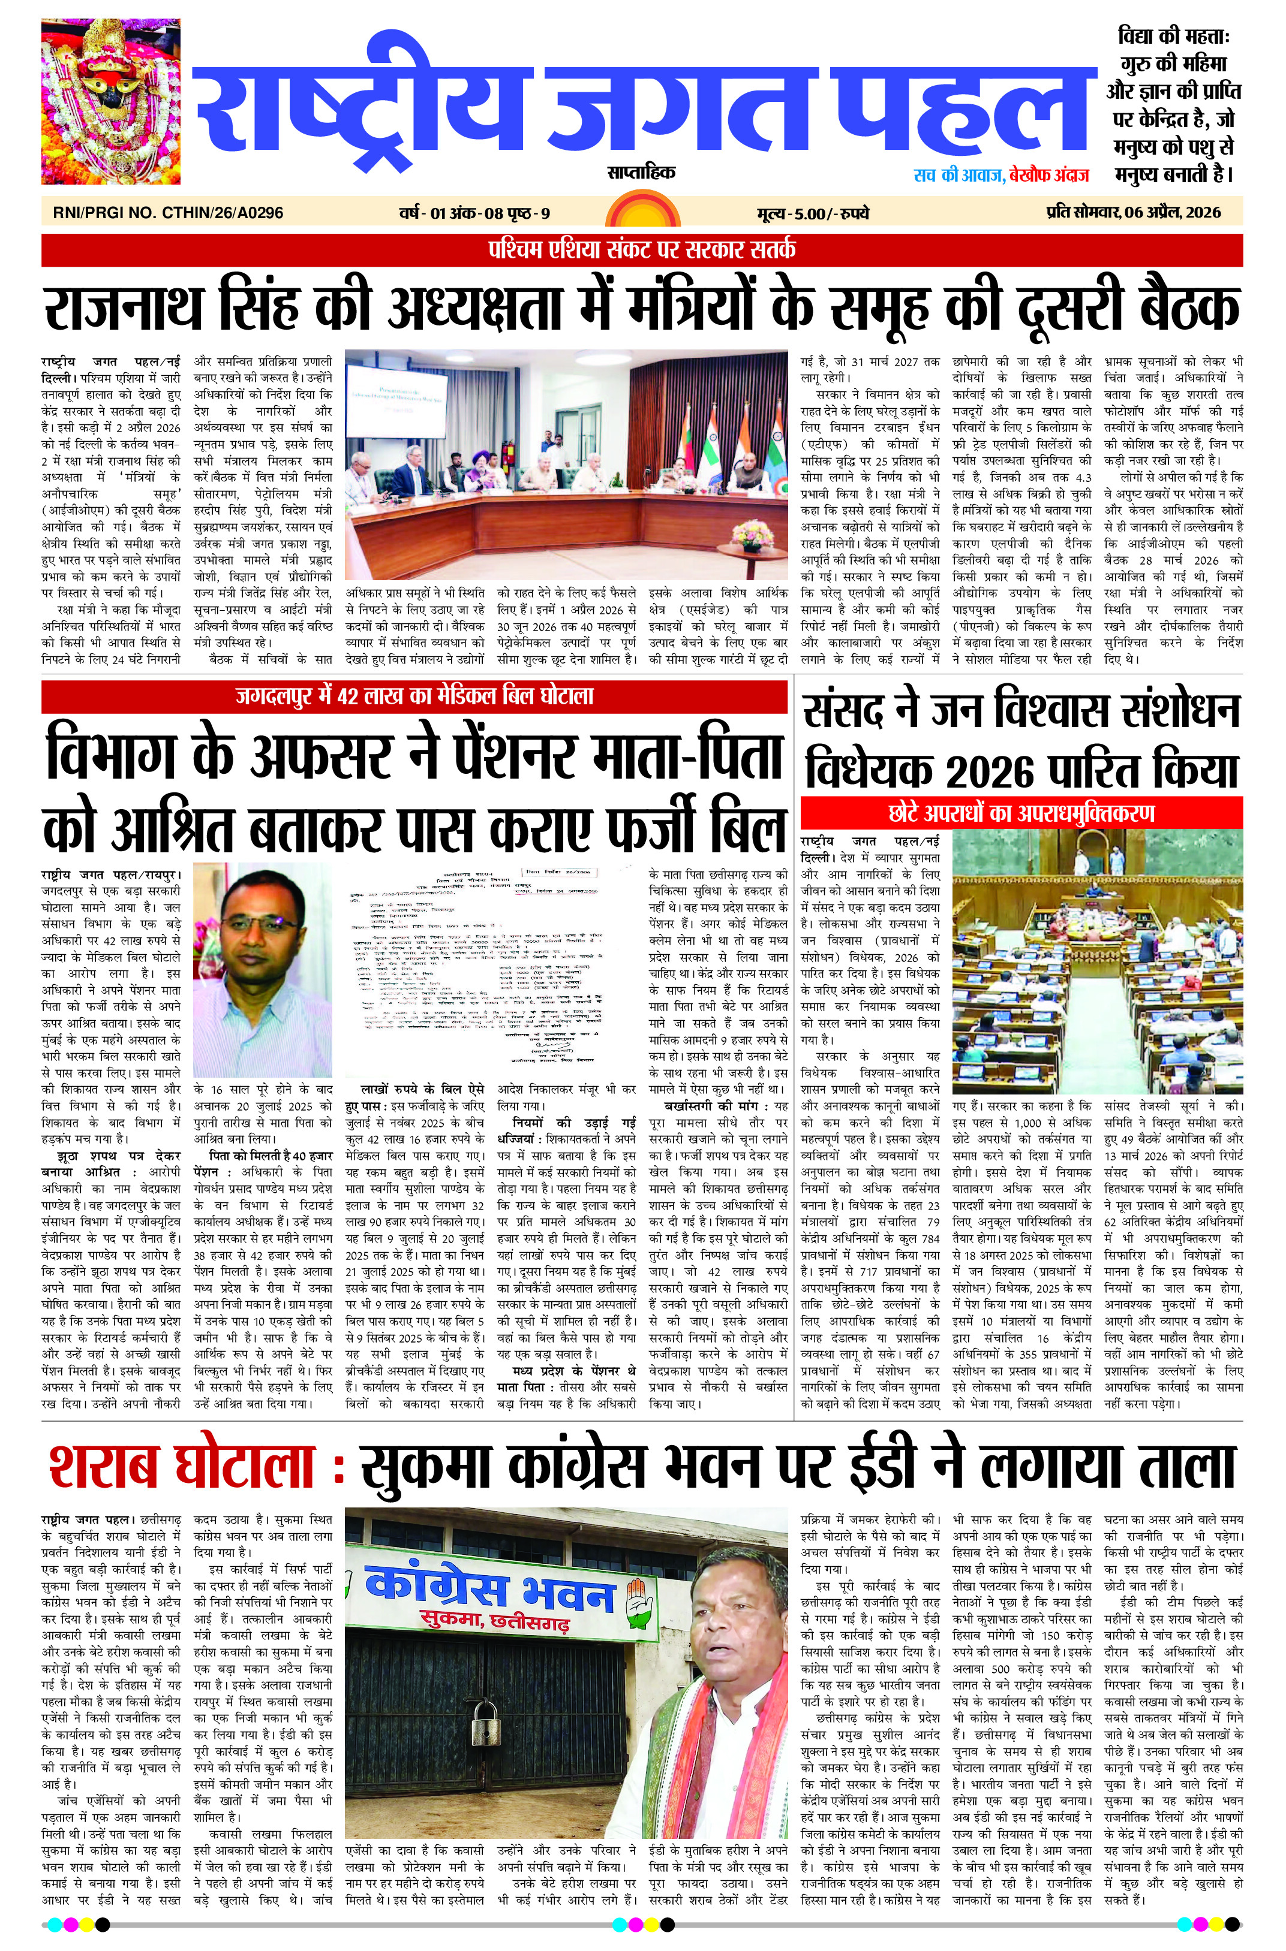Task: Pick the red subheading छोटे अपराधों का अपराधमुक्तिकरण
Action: (x=1020, y=813)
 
